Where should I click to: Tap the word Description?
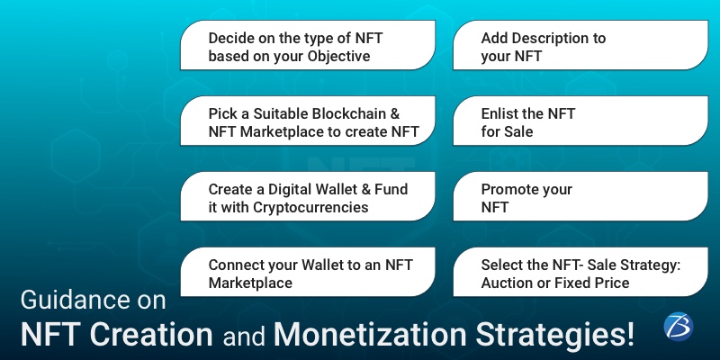[x=559, y=39]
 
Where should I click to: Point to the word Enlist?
[x=500, y=114]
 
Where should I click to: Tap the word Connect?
[x=236, y=265]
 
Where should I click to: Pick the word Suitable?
[x=278, y=114]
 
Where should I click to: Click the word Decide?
[x=231, y=39]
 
